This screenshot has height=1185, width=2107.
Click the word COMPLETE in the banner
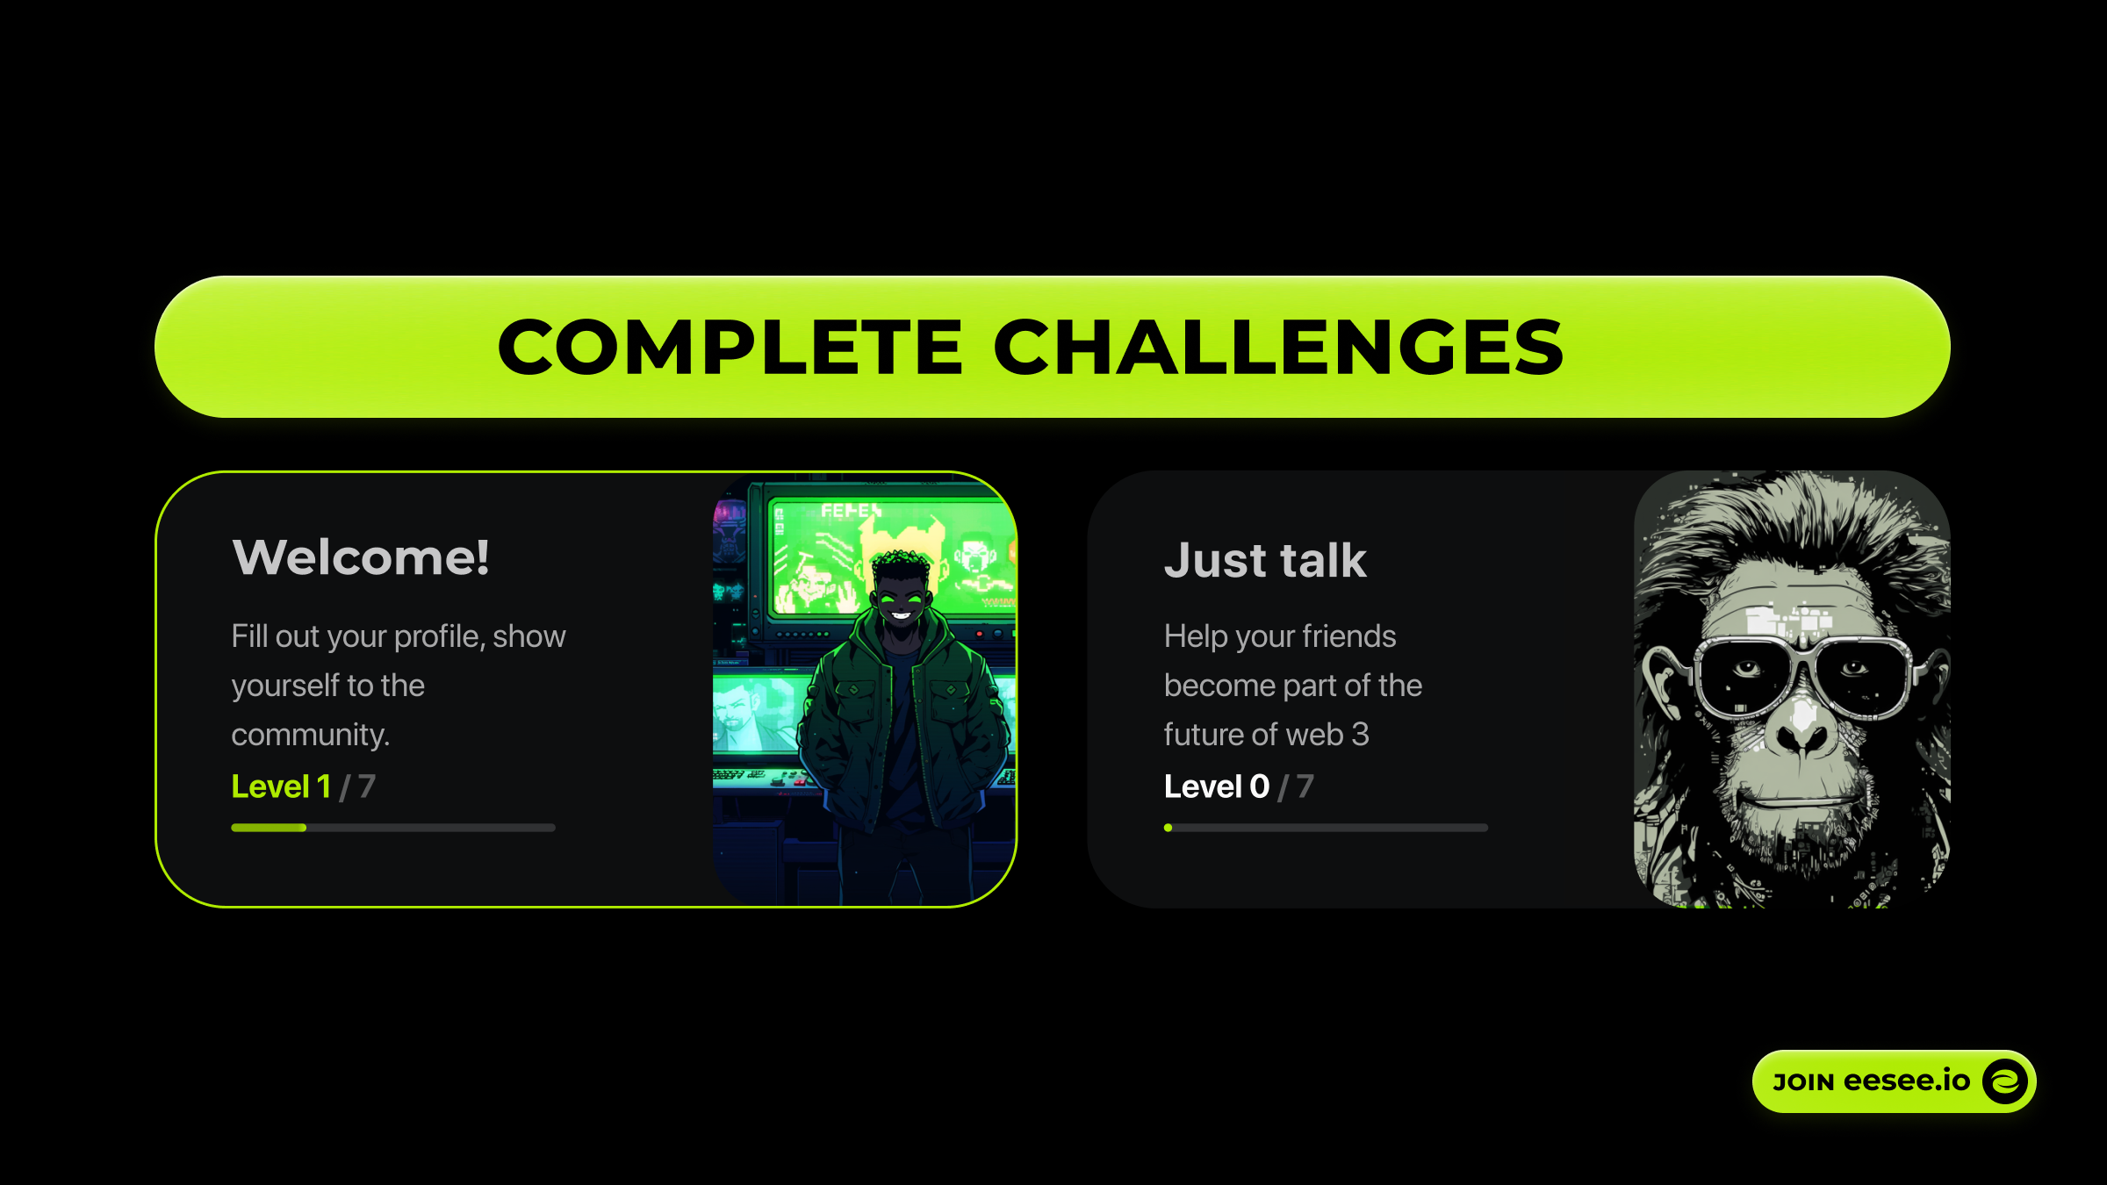(730, 347)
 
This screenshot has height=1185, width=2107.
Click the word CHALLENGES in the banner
(1278, 347)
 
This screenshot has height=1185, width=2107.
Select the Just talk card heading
(1265, 560)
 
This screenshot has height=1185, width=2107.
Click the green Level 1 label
(281, 786)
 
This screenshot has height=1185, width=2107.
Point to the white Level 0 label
(1217, 786)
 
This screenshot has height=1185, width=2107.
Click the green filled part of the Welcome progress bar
(269, 828)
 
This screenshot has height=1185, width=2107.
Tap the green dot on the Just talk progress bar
(1169, 828)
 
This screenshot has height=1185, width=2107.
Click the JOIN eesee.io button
(1894, 1081)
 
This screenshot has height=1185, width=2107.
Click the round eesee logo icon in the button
(2005, 1081)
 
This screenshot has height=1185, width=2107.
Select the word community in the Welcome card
(310, 736)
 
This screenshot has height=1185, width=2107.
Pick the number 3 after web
(1360, 735)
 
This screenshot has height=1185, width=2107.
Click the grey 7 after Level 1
(367, 786)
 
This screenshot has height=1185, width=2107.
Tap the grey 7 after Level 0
(1305, 786)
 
